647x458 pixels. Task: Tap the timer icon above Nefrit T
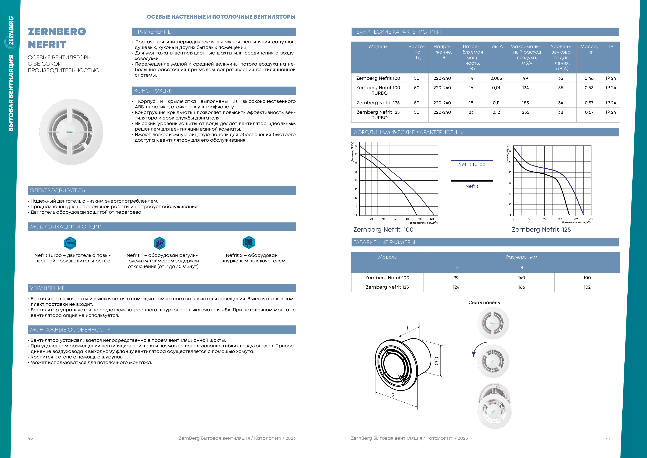tap(159, 243)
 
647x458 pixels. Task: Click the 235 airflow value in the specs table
tap(525, 112)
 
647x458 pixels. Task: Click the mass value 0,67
tap(589, 112)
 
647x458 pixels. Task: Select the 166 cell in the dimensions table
tap(521, 287)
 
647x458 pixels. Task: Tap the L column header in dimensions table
tap(587, 268)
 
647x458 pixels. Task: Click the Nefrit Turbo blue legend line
tap(472, 160)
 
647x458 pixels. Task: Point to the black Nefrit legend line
tap(472, 181)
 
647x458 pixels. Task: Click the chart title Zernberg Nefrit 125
tap(541, 230)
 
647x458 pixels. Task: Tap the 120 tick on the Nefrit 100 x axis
tap(432, 219)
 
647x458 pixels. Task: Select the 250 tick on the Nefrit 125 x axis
tap(591, 218)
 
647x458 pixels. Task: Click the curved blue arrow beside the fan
tap(477, 350)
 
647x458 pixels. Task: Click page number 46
tap(30, 438)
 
